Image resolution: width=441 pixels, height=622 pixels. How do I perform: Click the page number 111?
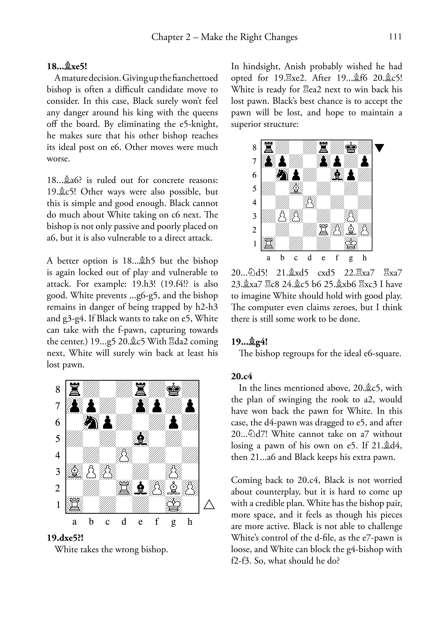tap(395, 37)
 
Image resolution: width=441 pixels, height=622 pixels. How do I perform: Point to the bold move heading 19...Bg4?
tap(249, 342)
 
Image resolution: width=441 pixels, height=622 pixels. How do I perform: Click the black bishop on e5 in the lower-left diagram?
tap(141, 439)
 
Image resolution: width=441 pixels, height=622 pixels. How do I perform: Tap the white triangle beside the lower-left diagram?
tap(209, 505)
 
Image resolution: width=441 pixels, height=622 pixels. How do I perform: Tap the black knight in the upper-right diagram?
tap(282, 175)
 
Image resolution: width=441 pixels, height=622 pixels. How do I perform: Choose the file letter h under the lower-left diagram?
tap(190, 522)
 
